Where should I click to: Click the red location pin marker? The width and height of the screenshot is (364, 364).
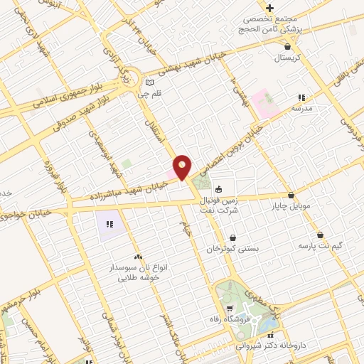183,167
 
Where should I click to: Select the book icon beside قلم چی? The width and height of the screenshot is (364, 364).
149,81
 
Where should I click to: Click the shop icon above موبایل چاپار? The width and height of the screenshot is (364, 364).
291,196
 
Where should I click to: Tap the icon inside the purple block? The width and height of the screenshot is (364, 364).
109,224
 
